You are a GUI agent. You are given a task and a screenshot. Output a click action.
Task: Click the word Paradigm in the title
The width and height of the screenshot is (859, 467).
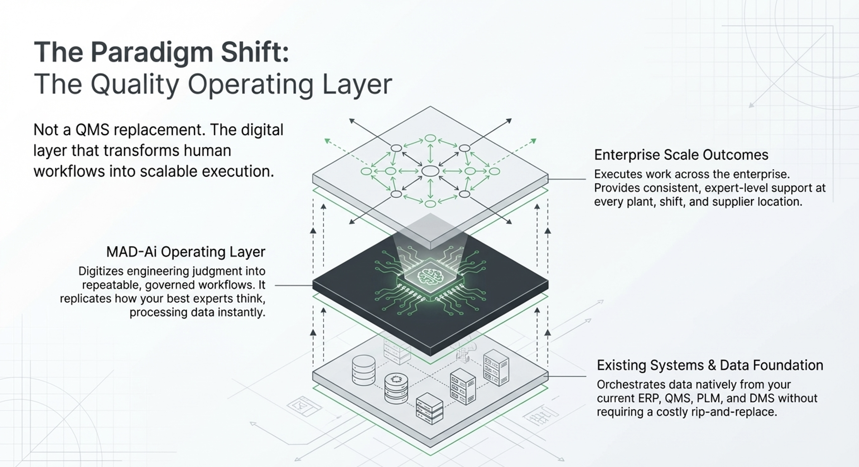click(151, 52)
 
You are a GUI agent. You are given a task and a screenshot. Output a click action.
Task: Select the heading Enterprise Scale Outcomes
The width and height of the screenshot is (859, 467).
click(681, 155)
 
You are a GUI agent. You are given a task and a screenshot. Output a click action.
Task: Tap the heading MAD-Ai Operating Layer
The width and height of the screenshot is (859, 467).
click(185, 252)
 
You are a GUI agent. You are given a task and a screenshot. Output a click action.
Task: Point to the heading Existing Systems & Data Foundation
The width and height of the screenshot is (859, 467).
click(710, 365)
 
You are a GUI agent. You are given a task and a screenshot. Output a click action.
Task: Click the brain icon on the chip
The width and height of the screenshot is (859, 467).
click(430, 275)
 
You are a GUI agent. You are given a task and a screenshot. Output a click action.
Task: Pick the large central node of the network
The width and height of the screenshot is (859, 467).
click(430, 171)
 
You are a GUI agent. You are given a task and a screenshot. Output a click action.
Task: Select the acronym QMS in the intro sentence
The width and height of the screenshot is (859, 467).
click(92, 130)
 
